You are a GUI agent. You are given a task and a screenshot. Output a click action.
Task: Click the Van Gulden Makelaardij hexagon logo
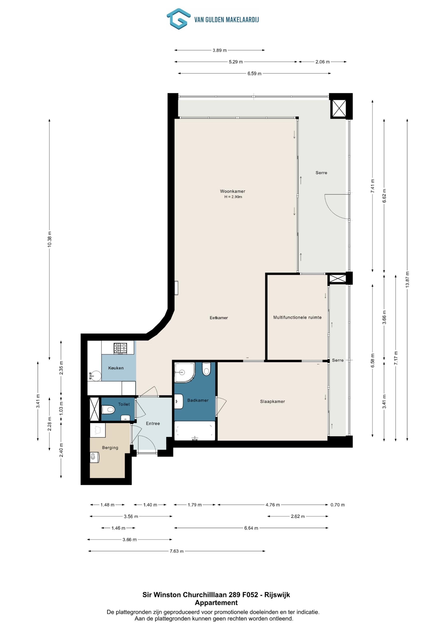(178, 19)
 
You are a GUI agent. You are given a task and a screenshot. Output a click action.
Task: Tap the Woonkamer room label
(233, 191)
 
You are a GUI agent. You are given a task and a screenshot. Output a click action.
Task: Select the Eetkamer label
(219, 318)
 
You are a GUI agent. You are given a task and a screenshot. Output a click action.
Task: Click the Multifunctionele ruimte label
(297, 317)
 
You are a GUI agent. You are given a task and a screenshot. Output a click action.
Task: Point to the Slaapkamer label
(272, 402)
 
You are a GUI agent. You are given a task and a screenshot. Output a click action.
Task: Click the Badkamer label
(198, 400)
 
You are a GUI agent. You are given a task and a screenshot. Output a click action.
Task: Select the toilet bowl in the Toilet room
(108, 410)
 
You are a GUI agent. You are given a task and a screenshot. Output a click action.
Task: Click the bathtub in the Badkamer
(195, 431)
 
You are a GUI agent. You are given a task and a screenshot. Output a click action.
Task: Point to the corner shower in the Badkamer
(185, 373)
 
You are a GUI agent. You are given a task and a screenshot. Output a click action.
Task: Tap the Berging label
(110, 447)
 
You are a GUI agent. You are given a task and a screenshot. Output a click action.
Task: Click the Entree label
(153, 423)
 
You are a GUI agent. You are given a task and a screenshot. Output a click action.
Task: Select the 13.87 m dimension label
(407, 279)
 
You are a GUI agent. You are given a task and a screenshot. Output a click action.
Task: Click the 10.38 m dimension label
(49, 239)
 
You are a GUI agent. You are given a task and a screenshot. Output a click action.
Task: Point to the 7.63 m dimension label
(177, 551)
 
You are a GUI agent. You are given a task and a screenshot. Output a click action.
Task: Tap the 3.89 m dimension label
(220, 50)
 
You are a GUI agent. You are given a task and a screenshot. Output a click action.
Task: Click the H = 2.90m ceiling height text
(233, 197)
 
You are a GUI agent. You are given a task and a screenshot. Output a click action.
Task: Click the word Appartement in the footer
(216, 603)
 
